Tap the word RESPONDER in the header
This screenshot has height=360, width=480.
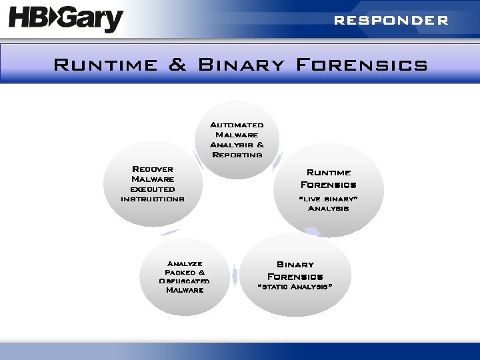pos(391,21)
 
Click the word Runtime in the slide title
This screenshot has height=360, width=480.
pos(105,65)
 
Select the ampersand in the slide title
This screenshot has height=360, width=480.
pos(177,65)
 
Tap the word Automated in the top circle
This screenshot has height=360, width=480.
pos(237,125)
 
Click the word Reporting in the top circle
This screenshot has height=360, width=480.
pos(237,155)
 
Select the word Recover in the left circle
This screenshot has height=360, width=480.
pos(153,169)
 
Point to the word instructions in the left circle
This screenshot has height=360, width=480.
pos(153,199)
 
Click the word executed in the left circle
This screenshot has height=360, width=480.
pos(153,189)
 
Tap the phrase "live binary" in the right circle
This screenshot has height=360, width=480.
pos(328,199)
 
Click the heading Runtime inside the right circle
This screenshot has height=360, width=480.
pos(329,173)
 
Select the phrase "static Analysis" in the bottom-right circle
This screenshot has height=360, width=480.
pos(295,287)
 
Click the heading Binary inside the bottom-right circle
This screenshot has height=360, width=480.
pos(295,265)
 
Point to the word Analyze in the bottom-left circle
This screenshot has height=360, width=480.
pos(185,263)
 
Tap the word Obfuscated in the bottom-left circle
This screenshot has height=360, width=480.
pos(185,281)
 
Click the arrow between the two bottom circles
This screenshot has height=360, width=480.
pos(234,275)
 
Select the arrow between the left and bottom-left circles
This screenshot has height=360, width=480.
pos(169,232)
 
